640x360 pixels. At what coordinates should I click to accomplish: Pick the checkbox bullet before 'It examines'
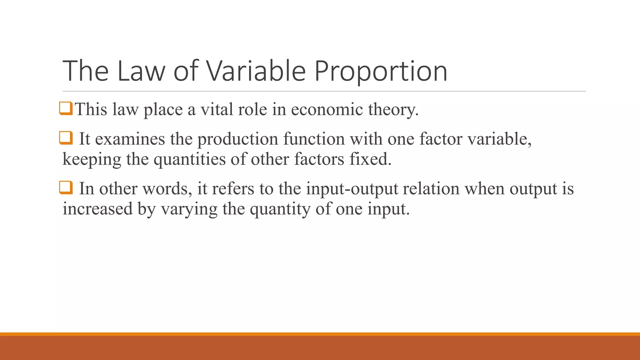click(x=66, y=137)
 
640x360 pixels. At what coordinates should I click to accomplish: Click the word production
click(x=238, y=139)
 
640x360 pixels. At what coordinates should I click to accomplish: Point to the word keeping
click(x=92, y=160)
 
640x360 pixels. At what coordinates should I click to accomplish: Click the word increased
click(x=97, y=209)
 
